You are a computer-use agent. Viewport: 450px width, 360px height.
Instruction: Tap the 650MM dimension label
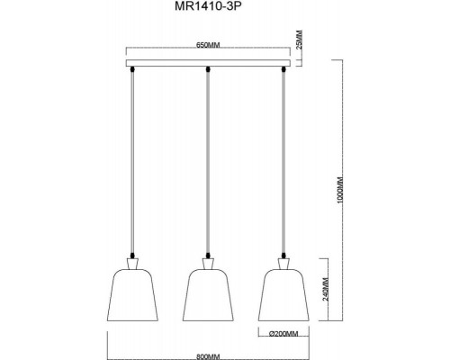coord(209,47)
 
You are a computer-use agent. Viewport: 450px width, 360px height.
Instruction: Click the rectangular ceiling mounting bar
coord(209,61)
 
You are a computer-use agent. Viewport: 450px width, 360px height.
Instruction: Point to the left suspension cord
coord(132,162)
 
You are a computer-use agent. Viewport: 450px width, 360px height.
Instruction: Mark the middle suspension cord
coord(209,162)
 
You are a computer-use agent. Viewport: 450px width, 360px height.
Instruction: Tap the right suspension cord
coord(284,162)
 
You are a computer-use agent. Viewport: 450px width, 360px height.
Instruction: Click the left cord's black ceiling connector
coord(132,69)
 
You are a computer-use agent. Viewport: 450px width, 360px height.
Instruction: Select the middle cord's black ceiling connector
coord(209,69)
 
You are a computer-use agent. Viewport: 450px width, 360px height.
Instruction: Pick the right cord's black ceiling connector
coord(284,69)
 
